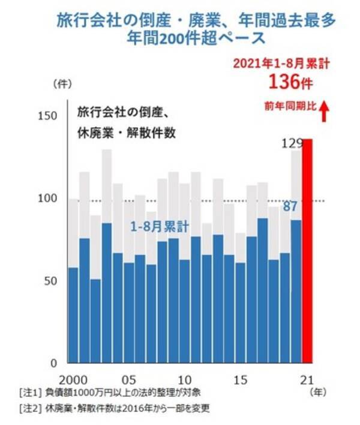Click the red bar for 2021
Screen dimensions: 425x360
307,252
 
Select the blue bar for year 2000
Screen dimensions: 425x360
73,315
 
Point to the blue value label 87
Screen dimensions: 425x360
290,207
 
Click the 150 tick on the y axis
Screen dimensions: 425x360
51,116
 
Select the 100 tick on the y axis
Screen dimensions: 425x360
51,199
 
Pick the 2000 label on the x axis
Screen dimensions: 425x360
73,379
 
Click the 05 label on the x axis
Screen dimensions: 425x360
128,379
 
